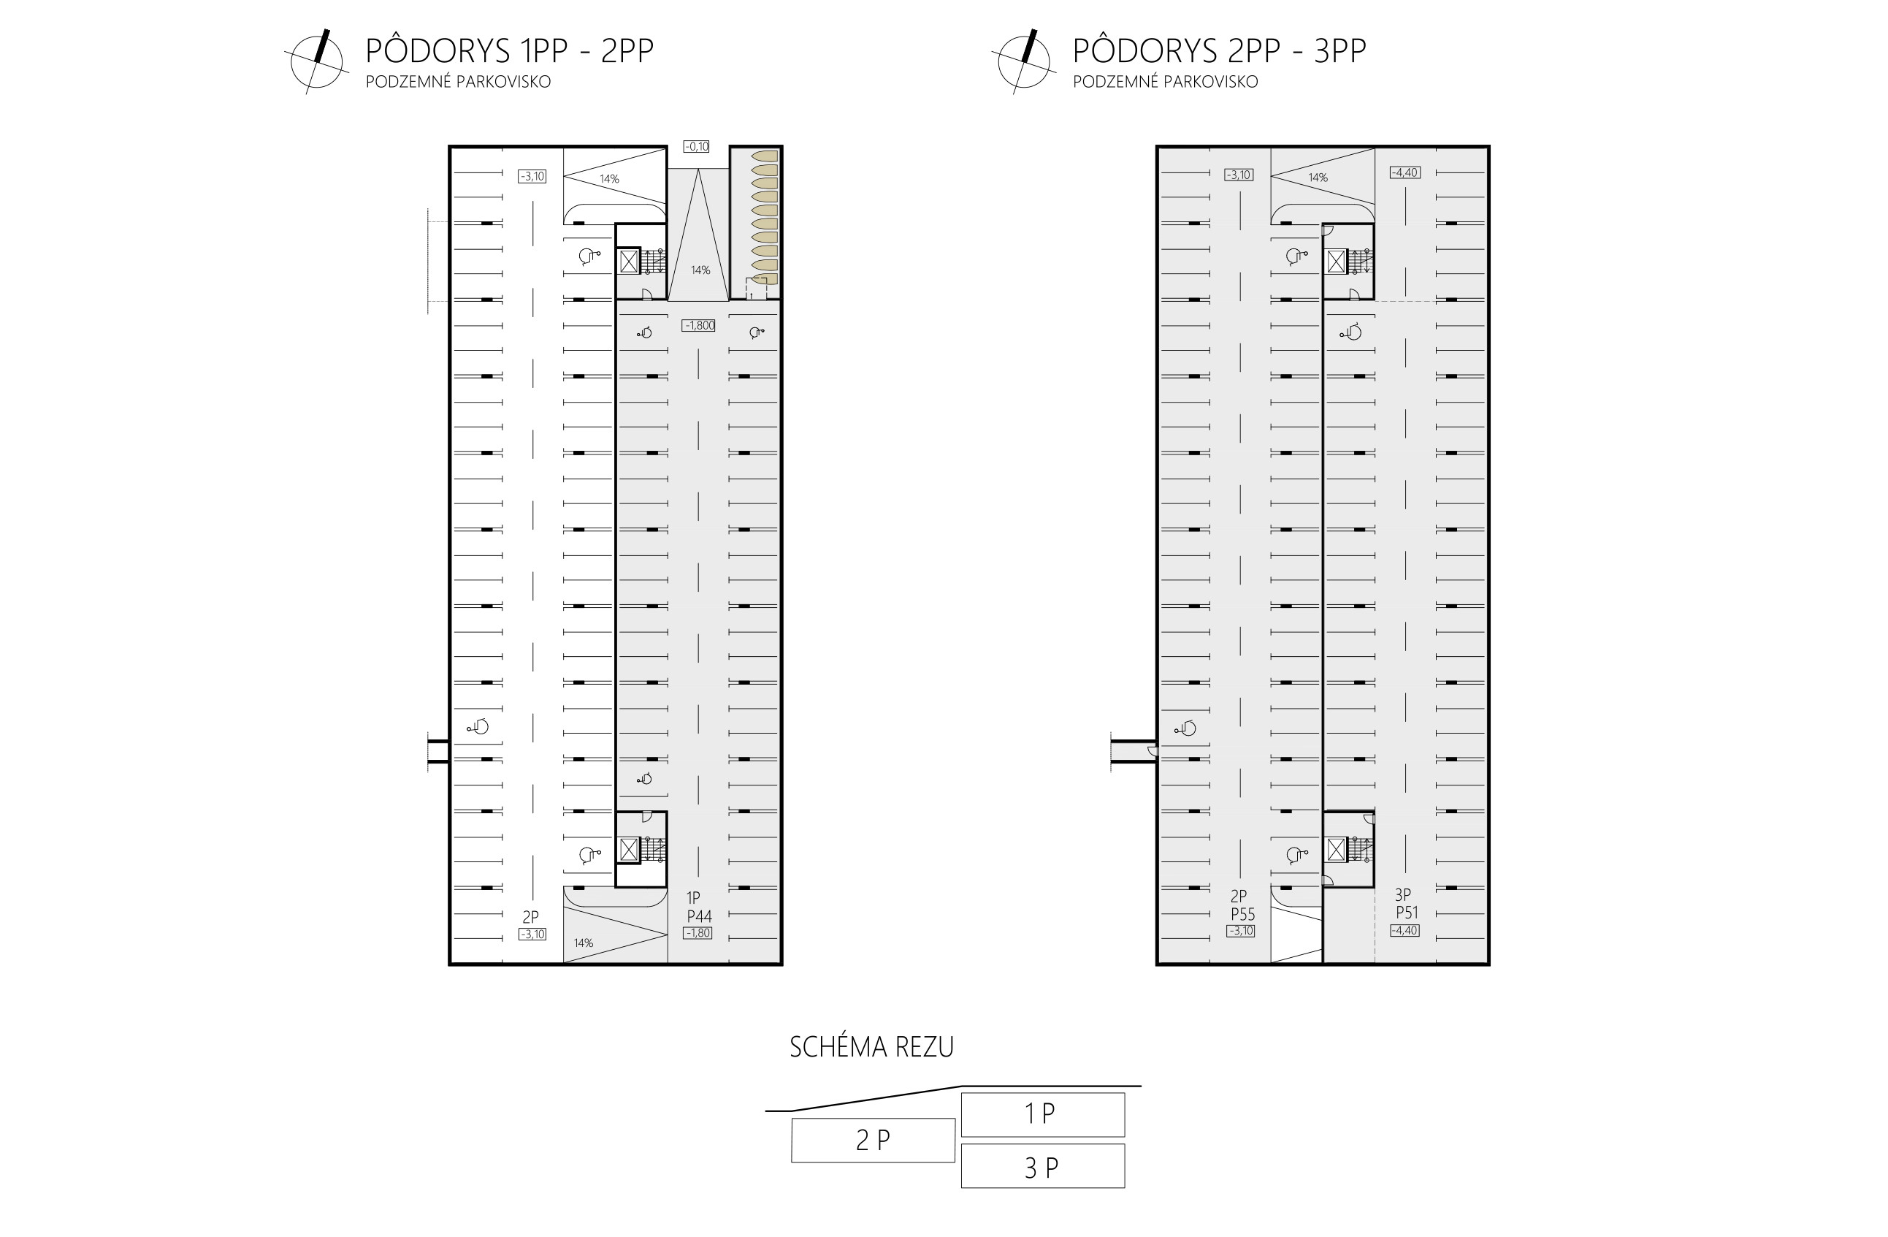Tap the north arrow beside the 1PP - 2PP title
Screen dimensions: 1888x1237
click(316, 61)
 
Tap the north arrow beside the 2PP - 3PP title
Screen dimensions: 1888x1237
click(1024, 61)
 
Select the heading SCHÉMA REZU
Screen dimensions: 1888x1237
click(871, 1047)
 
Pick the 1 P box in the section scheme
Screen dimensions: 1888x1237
click(1042, 1114)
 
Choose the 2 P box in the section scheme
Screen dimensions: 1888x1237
click(873, 1141)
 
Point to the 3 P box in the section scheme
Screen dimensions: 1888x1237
click(1042, 1166)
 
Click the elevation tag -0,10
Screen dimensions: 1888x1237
click(697, 147)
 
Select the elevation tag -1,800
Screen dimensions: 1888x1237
click(699, 325)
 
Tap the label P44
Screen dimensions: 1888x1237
click(699, 916)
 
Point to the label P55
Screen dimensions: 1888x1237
click(1242, 914)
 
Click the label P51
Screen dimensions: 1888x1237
click(1407, 913)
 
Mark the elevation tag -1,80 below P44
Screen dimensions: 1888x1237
click(698, 933)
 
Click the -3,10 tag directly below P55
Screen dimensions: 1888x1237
click(1241, 932)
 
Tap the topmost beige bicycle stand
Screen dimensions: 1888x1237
click(764, 156)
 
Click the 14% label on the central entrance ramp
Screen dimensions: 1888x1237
click(700, 270)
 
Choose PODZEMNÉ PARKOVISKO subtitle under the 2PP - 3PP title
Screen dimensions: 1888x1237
click(1166, 82)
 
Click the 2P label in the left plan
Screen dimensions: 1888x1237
click(531, 917)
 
